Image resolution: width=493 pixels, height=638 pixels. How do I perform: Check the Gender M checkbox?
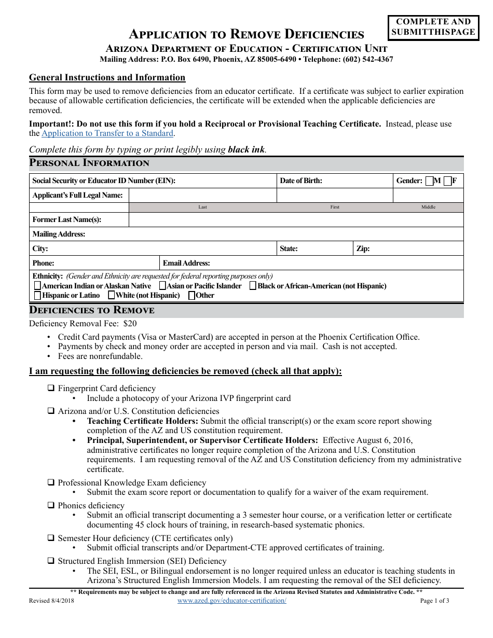429,181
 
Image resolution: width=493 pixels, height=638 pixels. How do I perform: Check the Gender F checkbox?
447,181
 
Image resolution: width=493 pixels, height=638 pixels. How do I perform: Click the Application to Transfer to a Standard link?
107,133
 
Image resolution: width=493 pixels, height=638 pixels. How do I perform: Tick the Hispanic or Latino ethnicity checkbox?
37,296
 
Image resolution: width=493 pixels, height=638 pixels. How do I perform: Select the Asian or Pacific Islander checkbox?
162,286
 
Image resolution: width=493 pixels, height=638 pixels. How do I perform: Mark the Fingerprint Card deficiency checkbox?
51,388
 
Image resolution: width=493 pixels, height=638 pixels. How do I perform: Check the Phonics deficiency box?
51,505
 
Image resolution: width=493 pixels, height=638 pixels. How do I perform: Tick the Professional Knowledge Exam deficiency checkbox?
51,482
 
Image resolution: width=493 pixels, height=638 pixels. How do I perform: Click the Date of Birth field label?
301,181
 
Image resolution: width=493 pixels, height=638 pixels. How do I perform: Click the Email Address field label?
186,263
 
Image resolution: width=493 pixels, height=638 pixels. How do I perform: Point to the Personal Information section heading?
89,163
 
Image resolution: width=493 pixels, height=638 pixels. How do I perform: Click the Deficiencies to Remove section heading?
91,310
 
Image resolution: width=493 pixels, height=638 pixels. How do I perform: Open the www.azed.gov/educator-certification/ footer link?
231,601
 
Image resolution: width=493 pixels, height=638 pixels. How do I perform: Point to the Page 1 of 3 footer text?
434,601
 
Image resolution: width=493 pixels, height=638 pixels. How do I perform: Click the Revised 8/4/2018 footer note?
51,601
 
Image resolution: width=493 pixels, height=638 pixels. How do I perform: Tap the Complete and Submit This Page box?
433,27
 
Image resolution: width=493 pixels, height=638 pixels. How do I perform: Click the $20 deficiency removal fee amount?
130,323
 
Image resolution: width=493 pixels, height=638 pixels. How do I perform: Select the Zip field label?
363,248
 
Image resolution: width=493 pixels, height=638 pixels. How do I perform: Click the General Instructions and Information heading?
107,78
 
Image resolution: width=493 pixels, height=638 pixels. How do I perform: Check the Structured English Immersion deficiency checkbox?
51,561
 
